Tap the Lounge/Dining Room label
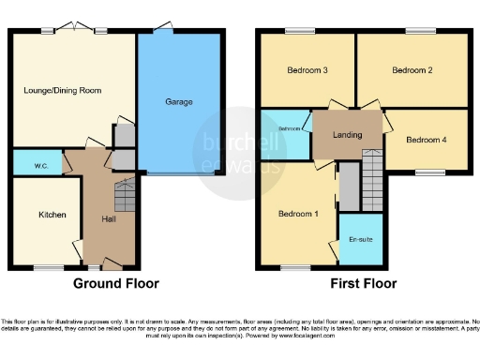pyautogui.click(x=63, y=90)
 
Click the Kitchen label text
pyautogui.click(x=52, y=215)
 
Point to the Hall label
pyautogui.click(x=109, y=219)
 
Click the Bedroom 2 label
pyautogui.click(x=412, y=70)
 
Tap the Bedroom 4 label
pyautogui.click(x=426, y=140)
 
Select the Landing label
pyautogui.click(x=346, y=133)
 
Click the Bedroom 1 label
pyautogui.click(x=298, y=214)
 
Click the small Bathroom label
pyautogui.click(x=288, y=128)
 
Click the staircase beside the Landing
pyautogui.click(x=373, y=173)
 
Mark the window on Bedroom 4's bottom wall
pyautogui.click(x=430, y=172)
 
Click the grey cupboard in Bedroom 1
pyautogui.click(x=348, y=187)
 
